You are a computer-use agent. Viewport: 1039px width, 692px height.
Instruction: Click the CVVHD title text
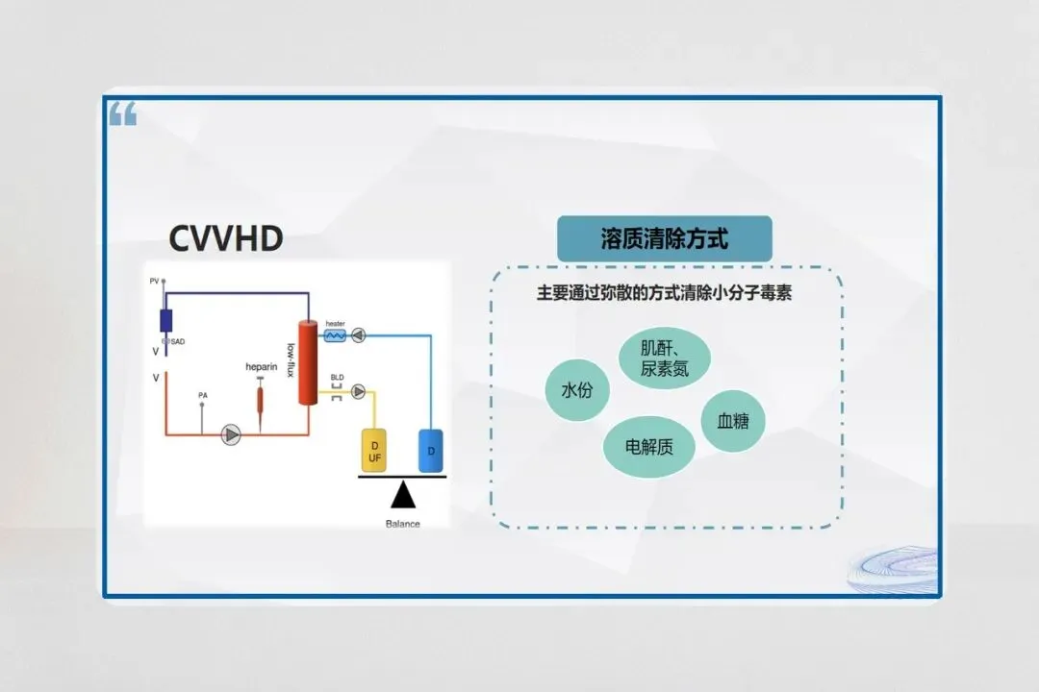tap(226, 237)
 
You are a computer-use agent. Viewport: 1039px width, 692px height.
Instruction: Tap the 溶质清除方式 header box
tap(664, 238)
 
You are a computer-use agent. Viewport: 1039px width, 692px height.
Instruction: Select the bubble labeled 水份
tap(577, 390)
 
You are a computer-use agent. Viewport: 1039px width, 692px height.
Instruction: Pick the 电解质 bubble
tap(649, 446)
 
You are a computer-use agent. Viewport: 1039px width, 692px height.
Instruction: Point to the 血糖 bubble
tap(733, 420)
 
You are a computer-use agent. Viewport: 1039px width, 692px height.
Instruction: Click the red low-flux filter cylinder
tap(308, 363)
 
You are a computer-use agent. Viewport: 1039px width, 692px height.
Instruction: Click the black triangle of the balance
tap(402, 495)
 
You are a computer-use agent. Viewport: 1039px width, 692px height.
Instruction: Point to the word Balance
tap(402, 524)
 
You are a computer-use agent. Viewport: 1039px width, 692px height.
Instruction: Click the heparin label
tap(261, 367)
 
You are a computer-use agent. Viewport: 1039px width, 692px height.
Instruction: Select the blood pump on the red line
tap(231, 434)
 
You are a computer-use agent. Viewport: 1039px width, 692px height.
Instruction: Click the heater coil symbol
tap(335, 335)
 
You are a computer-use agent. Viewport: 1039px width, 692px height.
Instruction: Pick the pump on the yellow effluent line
tap(358, 391)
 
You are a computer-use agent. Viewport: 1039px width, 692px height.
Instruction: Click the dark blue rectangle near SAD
tap(165, 320)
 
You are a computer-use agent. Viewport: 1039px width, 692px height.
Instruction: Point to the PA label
tap(202, 395)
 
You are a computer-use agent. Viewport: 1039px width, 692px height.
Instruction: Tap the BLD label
tap(337, 378)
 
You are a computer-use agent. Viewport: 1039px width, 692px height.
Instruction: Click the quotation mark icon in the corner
tap(123, 115)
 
